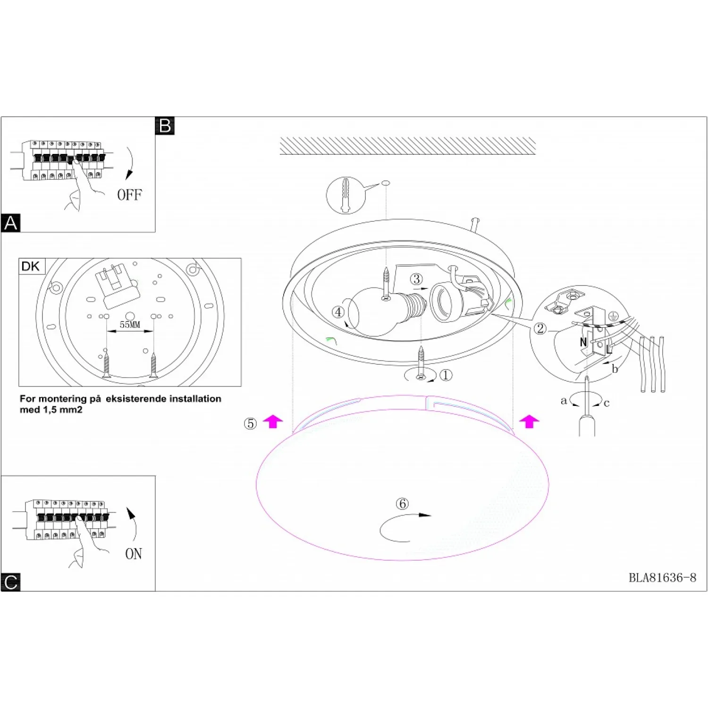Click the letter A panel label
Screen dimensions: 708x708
10,222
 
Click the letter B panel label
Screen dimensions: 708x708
165,126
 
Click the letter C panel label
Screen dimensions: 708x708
10,582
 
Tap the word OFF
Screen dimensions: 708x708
129,194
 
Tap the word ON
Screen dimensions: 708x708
134,554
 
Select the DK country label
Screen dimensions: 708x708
31,266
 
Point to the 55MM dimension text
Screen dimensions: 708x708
130,325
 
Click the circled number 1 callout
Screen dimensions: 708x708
446,375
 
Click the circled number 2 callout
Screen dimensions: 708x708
540,329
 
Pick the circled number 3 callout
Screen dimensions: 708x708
416,279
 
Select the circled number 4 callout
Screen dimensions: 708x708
338,312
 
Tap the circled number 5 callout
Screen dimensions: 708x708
250,423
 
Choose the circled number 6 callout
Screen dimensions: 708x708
402,504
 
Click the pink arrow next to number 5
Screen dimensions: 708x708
273,421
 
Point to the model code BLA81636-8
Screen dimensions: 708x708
662,578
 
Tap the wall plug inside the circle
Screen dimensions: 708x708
346,194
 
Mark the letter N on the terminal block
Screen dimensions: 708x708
583,342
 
